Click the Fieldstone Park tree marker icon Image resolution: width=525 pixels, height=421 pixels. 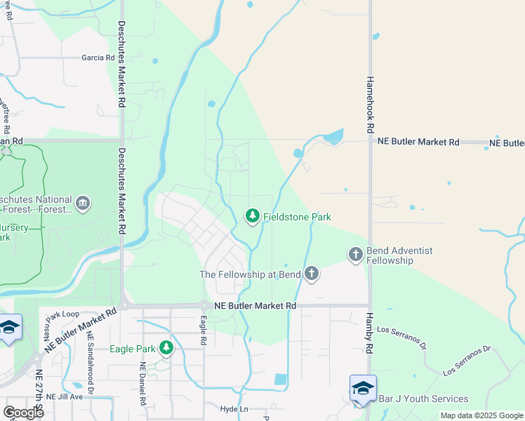[x=252, y=217]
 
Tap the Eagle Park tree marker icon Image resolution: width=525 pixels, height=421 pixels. [x=166, y=348]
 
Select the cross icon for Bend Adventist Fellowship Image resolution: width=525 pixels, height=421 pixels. [x=356, y=254]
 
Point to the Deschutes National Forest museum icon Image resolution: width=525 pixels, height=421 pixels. [x=84, y=203]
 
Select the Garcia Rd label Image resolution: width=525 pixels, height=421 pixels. [x=98, y=58]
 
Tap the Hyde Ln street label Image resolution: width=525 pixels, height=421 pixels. [x=234, y=409]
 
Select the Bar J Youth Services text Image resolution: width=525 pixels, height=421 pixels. [x=423, y=399]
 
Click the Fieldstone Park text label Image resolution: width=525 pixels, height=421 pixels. [x=297, y=218]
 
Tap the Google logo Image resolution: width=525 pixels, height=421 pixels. [x=23, y=413]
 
